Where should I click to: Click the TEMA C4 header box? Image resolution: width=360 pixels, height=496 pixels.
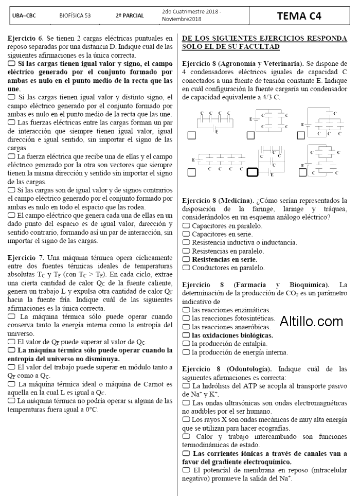coord(299,16)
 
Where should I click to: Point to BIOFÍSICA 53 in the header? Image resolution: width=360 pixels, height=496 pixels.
coord(75,16)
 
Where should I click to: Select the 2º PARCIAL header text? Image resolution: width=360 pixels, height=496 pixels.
coord(126,16)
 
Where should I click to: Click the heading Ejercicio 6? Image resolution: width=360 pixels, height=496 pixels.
coord(26,39)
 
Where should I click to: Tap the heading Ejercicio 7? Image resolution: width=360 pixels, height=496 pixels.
coord(26,257)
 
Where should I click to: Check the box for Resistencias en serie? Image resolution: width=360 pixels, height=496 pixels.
coord(186,260)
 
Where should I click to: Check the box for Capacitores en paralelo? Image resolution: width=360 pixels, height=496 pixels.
coord(186,225)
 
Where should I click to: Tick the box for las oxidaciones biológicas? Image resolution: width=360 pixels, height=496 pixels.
coord(186,335)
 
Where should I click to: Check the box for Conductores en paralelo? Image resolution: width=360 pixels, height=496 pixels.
coord(186,268)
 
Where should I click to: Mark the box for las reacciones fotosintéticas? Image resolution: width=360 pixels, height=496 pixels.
coord(186,318)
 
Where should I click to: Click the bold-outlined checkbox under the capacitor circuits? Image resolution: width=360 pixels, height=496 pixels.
coord(252,172)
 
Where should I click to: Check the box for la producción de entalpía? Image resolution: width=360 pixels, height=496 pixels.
coord(186,343)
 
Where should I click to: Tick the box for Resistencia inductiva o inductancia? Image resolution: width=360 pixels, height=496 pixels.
coord(186,242)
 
